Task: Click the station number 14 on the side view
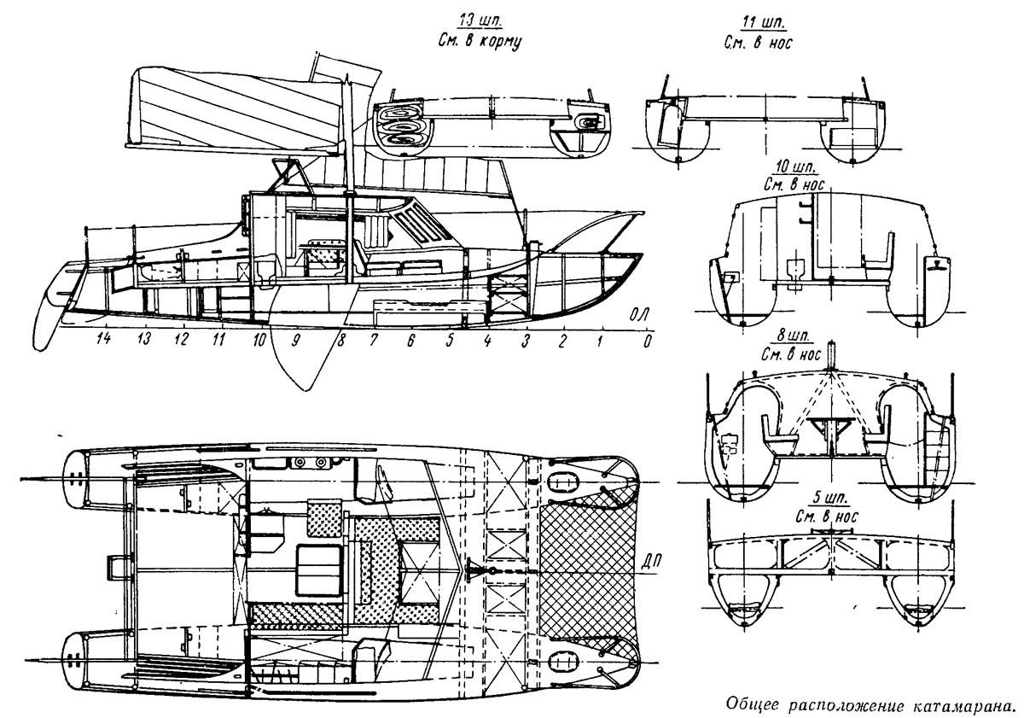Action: (x=105, y=339)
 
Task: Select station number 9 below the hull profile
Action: (x=296, y=340)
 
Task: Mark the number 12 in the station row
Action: (x=181, y=339)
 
